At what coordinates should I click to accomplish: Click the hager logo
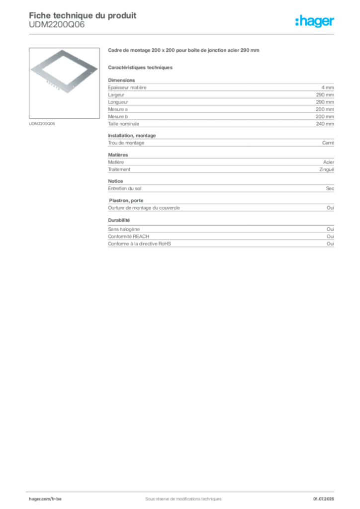[x=315, y=21]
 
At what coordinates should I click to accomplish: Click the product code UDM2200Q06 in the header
[x=57, y=25]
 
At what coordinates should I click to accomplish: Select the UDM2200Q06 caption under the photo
[x=42, y=124]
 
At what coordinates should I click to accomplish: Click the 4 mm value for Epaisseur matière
[x=328, y=87]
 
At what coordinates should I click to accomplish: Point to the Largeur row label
[x=116, y=95]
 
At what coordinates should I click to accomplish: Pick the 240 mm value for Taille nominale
[x=325, y=124]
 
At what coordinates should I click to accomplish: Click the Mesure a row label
[x=118, y=109]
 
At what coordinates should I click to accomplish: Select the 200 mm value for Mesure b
[x=325, y=116]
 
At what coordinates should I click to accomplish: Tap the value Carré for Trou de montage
[x=328, y=143]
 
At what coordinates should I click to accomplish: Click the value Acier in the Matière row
[x=329, y=162]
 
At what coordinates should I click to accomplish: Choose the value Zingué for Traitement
[x=327, y=170]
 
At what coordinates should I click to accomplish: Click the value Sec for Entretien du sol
[x=330, y=188]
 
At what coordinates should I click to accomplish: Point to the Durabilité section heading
[x=119, y=220]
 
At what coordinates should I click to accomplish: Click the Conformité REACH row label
[x=129, y=236]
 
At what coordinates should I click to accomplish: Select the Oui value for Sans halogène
[x=331, y=229]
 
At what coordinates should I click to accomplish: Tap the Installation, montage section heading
[x=132, y=136]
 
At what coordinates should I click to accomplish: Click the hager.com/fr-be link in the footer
[x=45, y=499]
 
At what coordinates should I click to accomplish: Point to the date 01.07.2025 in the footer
[x=324, y=499]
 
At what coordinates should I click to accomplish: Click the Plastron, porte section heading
[x=126, y=201]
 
